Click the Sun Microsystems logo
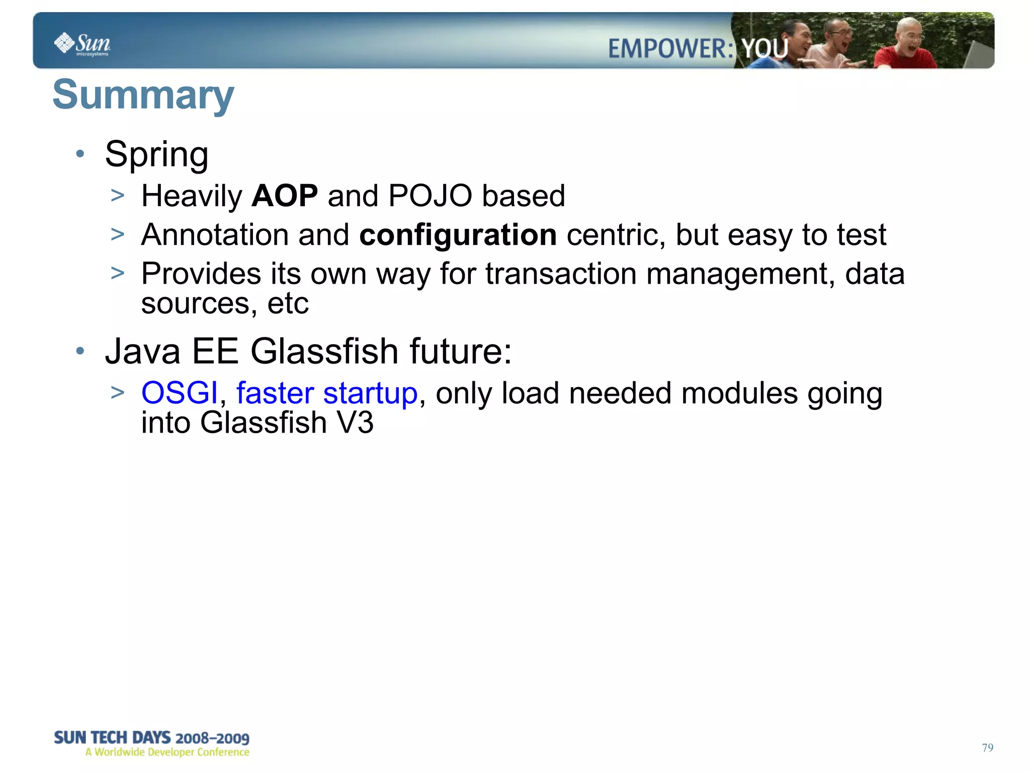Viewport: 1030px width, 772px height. [x=82, y=44]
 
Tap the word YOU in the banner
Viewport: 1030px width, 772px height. [x=765, y=49]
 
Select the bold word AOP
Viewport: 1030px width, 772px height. [x=285, y=196]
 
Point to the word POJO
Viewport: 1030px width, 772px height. [x=431, y=196]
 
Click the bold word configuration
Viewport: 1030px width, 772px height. [x=458, y=235]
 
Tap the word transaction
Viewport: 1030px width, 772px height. [x=561, y=274]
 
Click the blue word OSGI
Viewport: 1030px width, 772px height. [x=180, y=393]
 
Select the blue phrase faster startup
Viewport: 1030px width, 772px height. [x=327, y=393]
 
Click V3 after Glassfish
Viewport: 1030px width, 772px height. [x=355, y=422]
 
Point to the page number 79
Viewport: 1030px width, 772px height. [x=987, y=748]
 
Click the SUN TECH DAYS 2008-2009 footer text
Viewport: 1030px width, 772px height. [x=151, y=738]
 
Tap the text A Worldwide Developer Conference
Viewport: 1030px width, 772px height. [x=167, y=752]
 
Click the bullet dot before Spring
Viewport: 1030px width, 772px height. [x=80, y=154]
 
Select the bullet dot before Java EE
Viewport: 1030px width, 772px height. [x=80, y=351]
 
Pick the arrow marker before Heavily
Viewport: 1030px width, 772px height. [x=118, y=196]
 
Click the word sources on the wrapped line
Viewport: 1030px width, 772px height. [x=195, y=304]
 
